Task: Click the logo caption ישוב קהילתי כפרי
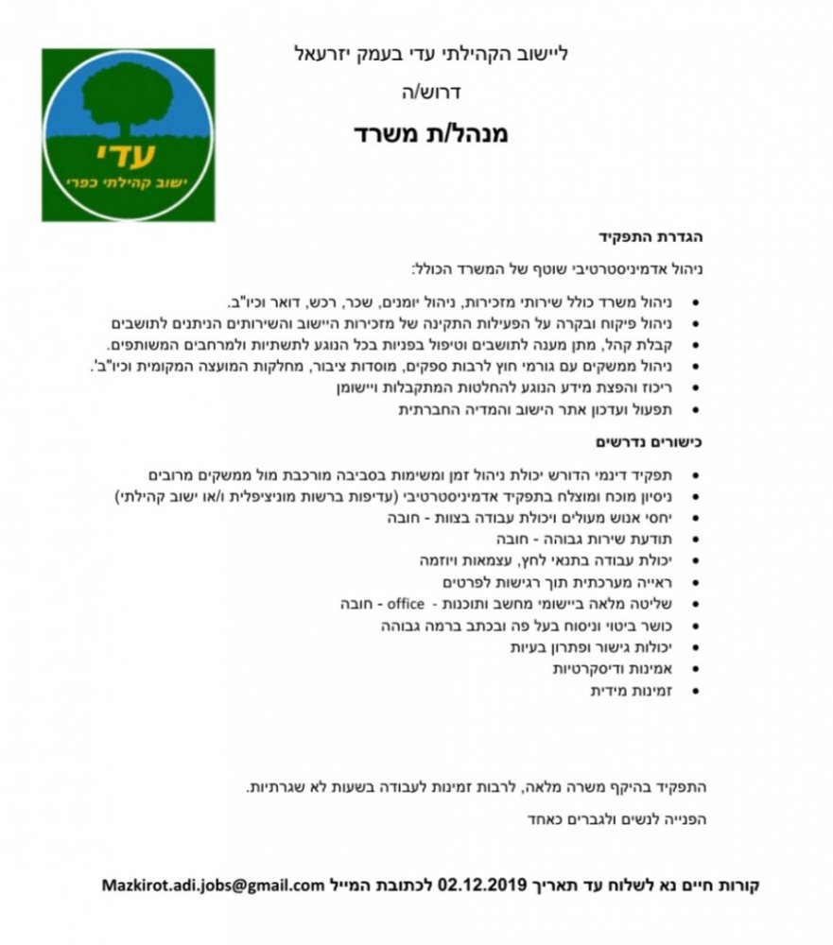[x=130, y=179]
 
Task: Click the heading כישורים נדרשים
[x=651, y=441]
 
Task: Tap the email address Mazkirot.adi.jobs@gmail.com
[x=214, y=885]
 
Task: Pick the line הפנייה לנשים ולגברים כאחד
[x=616, y=819]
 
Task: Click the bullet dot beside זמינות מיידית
[x=697, y=693]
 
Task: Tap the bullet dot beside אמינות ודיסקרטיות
[x=697, y=670]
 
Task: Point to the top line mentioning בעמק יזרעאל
[x=431, y=53]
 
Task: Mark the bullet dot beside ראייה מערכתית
[x=697, y=582]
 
